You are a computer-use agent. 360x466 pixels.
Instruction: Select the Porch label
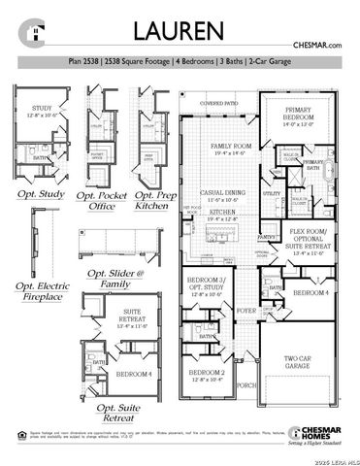click(x=246, y=384)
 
